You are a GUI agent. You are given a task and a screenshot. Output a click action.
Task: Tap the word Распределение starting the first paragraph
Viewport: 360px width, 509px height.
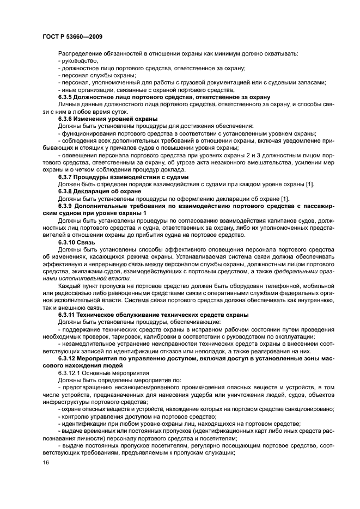pos(80,53)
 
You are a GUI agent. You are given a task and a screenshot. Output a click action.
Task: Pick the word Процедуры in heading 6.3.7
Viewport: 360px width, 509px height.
pos(97,177)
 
